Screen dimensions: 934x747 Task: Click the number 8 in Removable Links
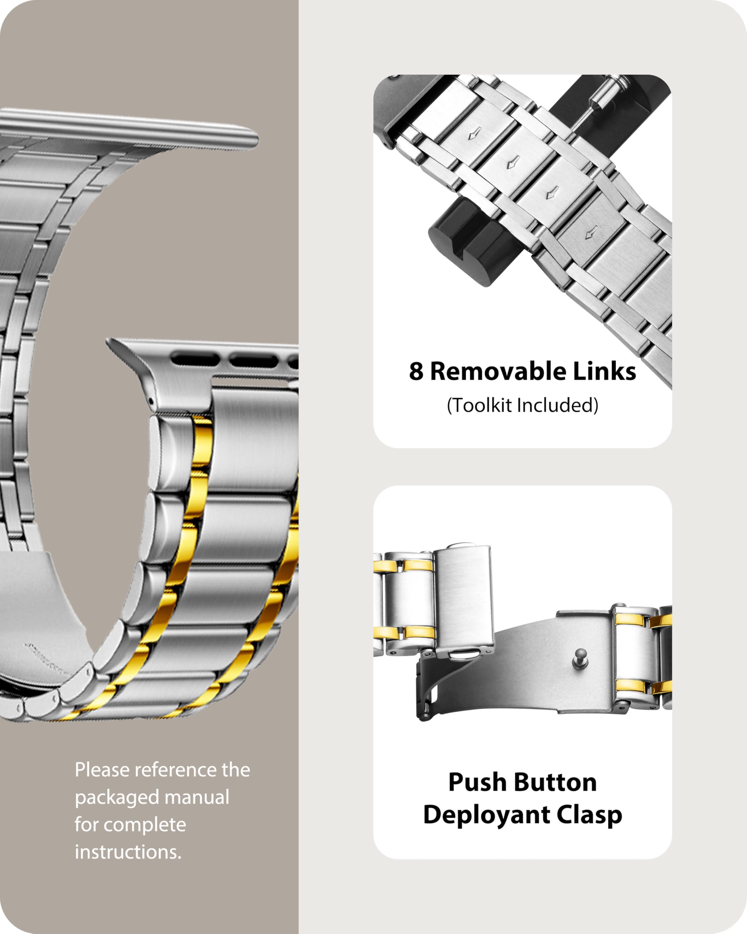click(416, 372)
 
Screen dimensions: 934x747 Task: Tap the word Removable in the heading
click(498, 372)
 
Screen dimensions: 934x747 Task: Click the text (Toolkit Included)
click(522, 405)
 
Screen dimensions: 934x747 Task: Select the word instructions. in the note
click(128, 852)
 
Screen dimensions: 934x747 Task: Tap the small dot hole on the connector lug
click(150, 402)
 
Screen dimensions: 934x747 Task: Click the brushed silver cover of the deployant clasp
click(463, 598)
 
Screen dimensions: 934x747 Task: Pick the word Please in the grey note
click(102, 770)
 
